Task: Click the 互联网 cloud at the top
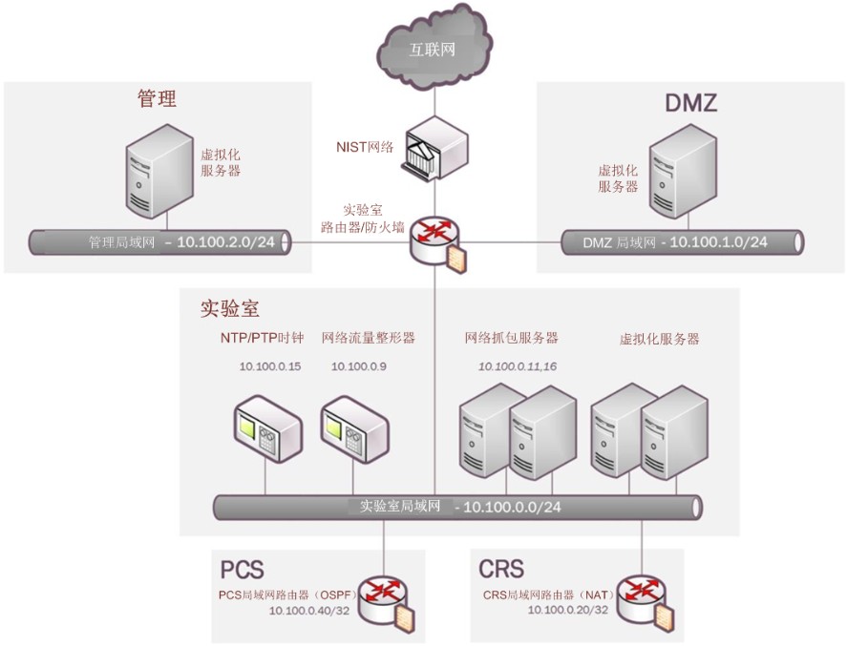[x=434, y=48]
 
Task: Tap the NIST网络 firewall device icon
[x=434, y=150]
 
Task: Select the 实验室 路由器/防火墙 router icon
[x=435, y=241]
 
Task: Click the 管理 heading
[x=158, y=99]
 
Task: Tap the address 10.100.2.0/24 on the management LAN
[x=226, y=242]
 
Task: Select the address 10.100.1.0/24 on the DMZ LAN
[x=718, y=242]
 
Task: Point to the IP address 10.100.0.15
[x=269, y=366]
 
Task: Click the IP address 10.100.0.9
[x=358, y=366]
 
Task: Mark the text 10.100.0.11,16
[x=518, y=366]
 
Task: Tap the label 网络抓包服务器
[x=511, y=339]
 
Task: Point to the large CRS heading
[x=501, y=570]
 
